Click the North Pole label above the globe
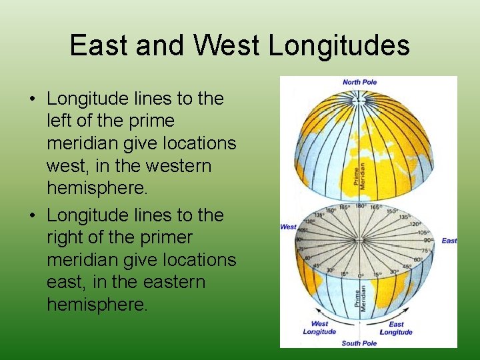pyautogui.click(x=359, y=82)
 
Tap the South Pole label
pyautogui.click(x=359, y=343)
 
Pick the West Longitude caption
pyautogui.click(x=319, y=328)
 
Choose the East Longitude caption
pyautogui.click(x=396, y=328)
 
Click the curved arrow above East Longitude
pyautogui.click(x=390, y=312)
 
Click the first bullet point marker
pyautogui.click(x=32, y=99)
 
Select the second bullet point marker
pyautogui.click(x=32, y=216)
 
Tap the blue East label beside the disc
pyautogui.click(x=449, y=241)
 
